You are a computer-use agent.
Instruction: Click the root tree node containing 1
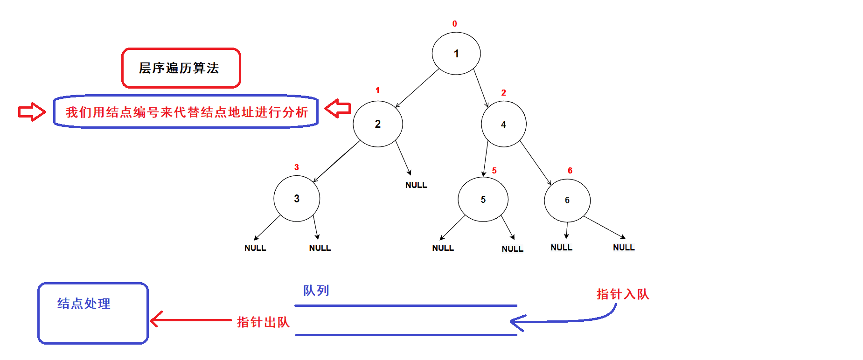point(456,54)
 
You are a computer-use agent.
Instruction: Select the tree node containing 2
point(377,124)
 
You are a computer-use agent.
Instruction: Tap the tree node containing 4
point(503,124)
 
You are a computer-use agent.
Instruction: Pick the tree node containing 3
point(297,199)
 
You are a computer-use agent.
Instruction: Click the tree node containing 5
point(483,200)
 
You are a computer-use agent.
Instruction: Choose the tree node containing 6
point(567,200)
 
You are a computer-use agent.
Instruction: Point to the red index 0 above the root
point(455,24)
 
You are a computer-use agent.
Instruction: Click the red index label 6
point(570,171)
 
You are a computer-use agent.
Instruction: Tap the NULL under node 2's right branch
point(416,185)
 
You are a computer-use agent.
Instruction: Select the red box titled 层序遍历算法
point(181,68)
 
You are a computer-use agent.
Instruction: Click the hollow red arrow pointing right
point(32,112)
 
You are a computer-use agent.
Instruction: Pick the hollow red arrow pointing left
point(338,108)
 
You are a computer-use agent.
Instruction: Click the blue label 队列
point(316,291)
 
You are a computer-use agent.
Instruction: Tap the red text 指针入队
point(622,294)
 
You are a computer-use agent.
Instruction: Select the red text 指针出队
point(263,322)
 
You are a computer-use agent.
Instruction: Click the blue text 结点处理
point(84,304)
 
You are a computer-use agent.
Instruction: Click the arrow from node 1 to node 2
point(418,88)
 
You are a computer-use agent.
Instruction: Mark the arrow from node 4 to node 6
point(536,163)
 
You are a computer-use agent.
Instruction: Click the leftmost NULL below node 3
point(255,248)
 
